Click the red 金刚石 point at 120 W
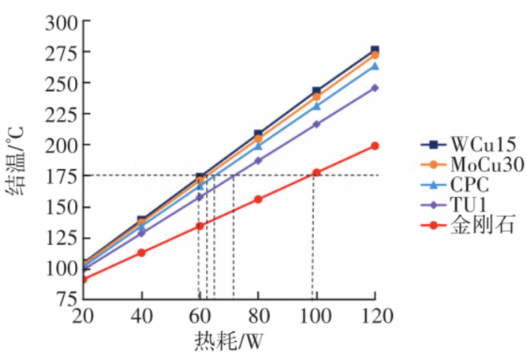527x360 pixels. [x=375, y=146]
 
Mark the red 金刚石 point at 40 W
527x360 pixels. [x=141, y=253]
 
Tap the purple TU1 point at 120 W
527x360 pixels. [x=375, y=88]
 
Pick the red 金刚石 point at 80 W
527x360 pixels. [x=258, y=200]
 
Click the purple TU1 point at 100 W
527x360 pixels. [x=316, y=124]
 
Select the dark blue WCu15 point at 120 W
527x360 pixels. [x=375, y=51]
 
